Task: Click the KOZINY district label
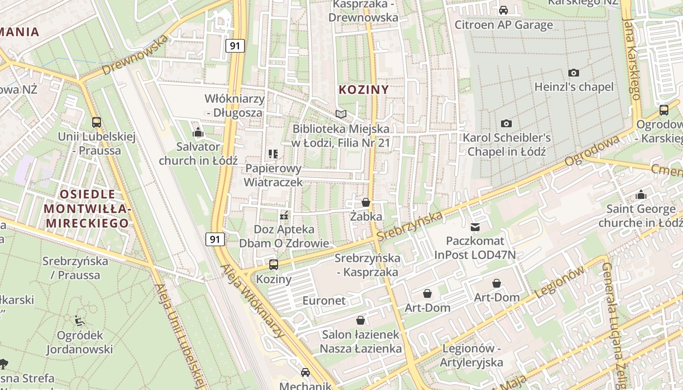click(363, 90)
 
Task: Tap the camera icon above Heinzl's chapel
click(574, 73)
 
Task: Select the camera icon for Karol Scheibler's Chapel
click(506, 124)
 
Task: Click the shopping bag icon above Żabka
click(365, 202)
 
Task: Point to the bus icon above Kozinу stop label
click(274, 265)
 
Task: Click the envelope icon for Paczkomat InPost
click(475, 227)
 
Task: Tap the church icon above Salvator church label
click(198, 132)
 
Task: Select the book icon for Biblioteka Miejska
click(341, 115)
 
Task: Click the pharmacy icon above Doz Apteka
click(284, 215)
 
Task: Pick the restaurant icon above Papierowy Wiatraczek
click(273, 155)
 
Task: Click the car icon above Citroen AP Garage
click(503, 10)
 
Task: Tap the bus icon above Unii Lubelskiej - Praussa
click(97, 122)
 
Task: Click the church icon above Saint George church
click(641, 195)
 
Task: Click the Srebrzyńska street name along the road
click(410, 225)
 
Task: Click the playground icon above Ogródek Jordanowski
click(80, 321)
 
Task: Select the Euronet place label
click(323, 300)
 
